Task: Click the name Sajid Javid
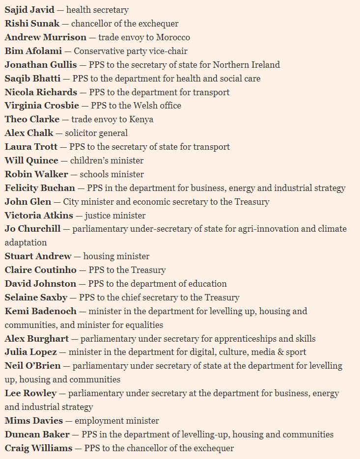click(29, 10)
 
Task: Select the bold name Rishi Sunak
click(32, 24)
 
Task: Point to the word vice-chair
click(168, 51)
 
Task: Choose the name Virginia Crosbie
click(42, 106)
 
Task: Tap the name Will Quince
click(31, 161)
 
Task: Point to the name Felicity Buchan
click(40, 188)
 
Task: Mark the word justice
click(98, 216)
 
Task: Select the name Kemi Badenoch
click(41, 311)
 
